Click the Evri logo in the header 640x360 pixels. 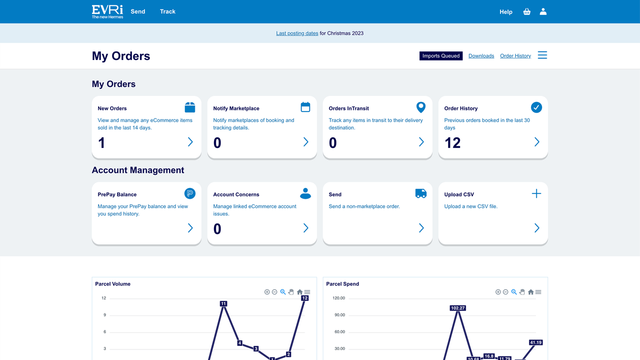(x=107, y=11)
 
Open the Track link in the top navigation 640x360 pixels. (x=167, y=11)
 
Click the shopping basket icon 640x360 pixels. (x=526, y=11)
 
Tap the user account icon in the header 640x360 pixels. (x=543, y=11)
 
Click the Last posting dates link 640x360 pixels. (x=297, y=33)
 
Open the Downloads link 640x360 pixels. (x=481, y=56)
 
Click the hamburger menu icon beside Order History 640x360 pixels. (x=542, y=55)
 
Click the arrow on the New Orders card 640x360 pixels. (x=190, y=142)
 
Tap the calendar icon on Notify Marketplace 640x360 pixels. (x=305, y=107)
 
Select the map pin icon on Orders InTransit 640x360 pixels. (x=421, y=107)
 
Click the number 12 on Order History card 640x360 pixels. (x=452, y=143)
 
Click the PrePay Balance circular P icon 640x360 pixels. (x=190, y=193)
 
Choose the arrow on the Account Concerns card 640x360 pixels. (x=305, y=228)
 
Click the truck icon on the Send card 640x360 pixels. (x=421, y=193)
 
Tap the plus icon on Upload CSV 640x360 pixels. (x=536, y=193)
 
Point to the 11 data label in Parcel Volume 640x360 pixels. (x=223, y=303)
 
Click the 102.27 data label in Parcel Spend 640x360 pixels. (x=458, y=308)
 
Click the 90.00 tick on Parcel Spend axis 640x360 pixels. (x=339, y=315)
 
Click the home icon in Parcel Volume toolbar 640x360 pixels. (x=299, y=292)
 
